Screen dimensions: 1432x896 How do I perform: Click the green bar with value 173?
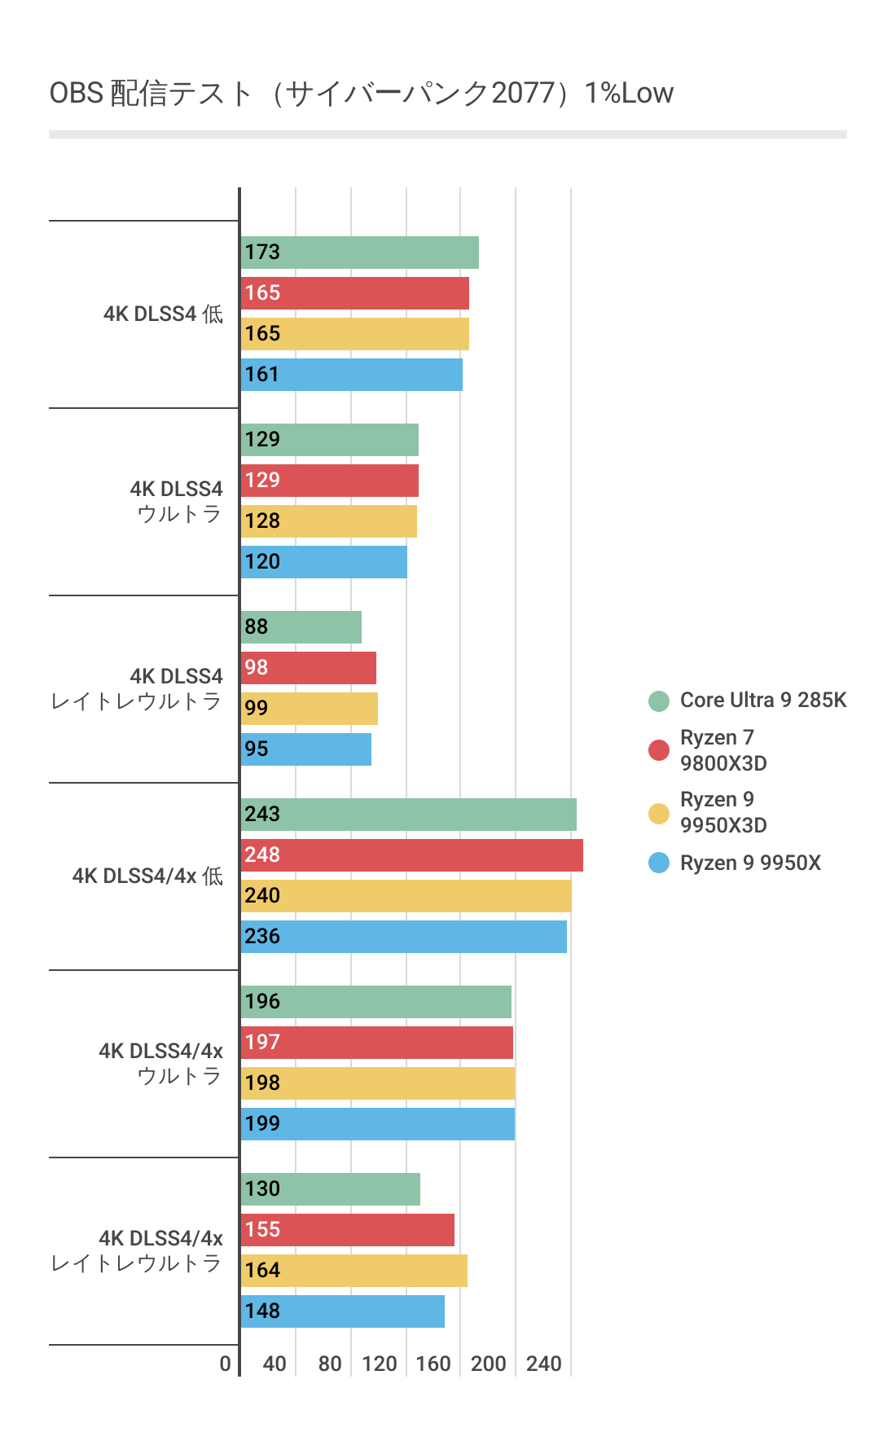(x=359, y=253)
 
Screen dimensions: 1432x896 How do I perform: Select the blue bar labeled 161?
(x=351, y=375)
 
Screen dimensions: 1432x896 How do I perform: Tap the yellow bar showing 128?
(x=328, y=521)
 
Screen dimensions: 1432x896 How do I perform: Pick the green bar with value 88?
(x=301, y=627)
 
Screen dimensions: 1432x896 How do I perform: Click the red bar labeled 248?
(x=411, y=855)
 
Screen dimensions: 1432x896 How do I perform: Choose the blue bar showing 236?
(x=403, y=937)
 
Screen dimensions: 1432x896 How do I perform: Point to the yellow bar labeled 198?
(x=377, y=1083)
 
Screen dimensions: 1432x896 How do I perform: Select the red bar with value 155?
(x=347, y=1230)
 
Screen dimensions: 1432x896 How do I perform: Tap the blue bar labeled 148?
(x=342, y=1311)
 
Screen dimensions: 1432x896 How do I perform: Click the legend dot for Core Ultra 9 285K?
(x=659, y=701)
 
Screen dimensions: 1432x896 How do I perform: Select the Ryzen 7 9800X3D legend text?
(x=723, y=750)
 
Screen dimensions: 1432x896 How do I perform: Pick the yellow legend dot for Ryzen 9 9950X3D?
(x=659, y=813)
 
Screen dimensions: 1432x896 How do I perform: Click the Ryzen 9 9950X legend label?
(x=750, y=863)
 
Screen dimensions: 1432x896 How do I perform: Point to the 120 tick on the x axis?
(x=379, y=1364)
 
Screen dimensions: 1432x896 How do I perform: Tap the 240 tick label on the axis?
(x=543, y=1364)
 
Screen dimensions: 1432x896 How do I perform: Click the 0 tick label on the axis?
(x=226, y=1364)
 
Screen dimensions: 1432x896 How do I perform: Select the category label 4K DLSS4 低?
(x=163, y=314)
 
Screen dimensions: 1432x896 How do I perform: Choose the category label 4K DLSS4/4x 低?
(x=147, y=876)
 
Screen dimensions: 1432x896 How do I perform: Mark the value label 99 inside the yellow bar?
(x=257, y=708)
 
